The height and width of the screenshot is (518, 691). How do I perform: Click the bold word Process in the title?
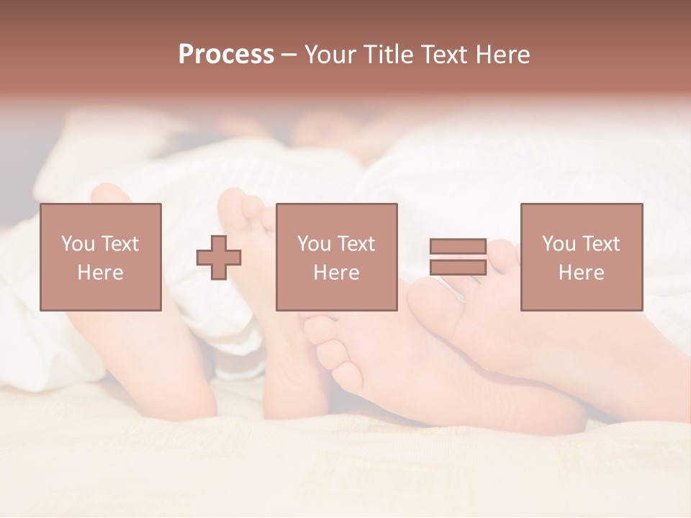pos(226,55)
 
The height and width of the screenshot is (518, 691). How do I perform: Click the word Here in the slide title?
pos(503,55)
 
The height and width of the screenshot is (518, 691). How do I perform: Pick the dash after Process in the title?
pos(289,55)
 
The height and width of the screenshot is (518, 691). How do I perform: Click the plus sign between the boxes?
pos(219,258)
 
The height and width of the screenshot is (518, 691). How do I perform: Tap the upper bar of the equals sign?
pos(458,246)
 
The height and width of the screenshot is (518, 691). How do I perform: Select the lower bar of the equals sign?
pos(458,268)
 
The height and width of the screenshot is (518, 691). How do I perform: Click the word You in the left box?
pos(78,244)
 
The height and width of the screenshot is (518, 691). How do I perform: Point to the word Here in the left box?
pos(100,273)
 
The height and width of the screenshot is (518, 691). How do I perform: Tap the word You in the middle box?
pos(314,244)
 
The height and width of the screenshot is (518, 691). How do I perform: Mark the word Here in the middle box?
pos(336,273)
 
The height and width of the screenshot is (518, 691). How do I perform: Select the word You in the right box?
pos(559,244)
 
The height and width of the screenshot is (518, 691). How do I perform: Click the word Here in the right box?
pos(581,273)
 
